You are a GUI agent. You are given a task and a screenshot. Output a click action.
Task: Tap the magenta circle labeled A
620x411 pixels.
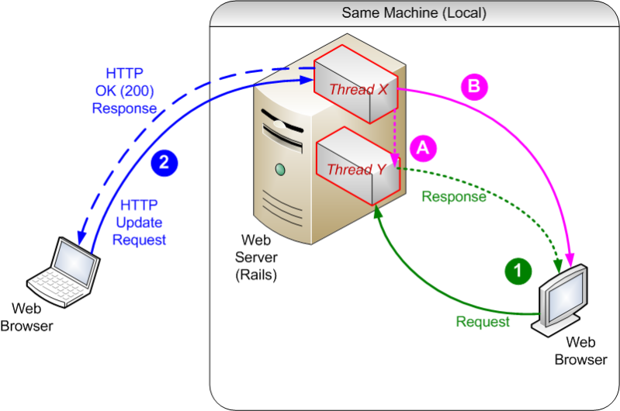tap(422, 146)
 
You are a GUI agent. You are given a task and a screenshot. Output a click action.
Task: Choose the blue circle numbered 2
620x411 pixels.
tap(164, 162)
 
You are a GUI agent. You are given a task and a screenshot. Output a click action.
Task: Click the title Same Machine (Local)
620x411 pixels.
tap(414, 13)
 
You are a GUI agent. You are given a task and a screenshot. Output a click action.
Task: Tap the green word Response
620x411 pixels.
tap(454, 197)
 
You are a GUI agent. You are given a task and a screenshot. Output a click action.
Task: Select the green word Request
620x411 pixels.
tap(483, 322)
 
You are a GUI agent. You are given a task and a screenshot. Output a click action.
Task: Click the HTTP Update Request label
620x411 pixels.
tap(140, 223)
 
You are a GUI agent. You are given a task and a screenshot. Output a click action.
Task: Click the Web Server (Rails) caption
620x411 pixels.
tap(257, 257)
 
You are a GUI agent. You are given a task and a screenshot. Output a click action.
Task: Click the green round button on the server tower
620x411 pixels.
tap(279, 169)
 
